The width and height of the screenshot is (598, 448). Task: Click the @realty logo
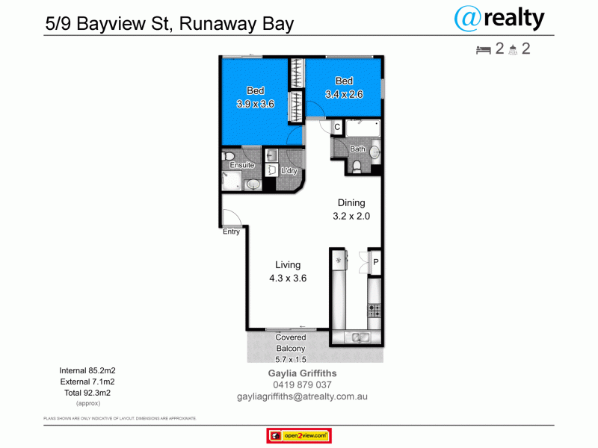(500, 18)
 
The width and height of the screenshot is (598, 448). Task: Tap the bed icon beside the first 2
(483, 50)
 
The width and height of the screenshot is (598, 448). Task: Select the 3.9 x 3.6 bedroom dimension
(256, 105)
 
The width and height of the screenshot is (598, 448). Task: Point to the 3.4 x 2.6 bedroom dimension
(344, 94)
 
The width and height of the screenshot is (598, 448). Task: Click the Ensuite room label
(241, 165)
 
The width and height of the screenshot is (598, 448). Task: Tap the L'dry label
(289, 171)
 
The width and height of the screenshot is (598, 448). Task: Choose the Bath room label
(358, 149)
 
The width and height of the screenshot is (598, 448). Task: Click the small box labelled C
(337, 128)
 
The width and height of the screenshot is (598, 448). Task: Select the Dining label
(351, 202)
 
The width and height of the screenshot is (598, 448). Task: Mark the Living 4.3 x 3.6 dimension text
(288, 278)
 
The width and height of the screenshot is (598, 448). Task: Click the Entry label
(231, 231)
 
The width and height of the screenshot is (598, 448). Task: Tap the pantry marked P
(375, 261)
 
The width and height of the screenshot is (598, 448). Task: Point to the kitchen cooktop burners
(374, 308)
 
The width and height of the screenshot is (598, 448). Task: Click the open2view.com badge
(299, 435)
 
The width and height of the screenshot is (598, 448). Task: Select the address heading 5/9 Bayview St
(168, 23)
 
